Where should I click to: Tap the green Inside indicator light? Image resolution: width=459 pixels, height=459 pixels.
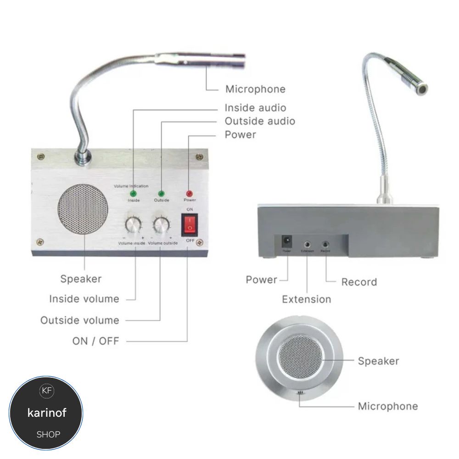(134, 193)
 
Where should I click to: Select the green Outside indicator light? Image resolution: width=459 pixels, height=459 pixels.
(162, 193)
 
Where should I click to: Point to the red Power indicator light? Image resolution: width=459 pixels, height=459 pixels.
(189, 194)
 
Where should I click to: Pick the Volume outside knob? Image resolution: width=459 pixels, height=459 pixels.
(161, 224)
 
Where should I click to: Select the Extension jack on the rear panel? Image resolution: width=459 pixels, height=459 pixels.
(307, 244)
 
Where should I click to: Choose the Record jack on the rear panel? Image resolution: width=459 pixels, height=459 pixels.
(326, 244)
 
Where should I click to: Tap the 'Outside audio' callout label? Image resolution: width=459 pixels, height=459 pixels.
(260, 121)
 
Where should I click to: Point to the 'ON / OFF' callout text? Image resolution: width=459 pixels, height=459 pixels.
(95, 341)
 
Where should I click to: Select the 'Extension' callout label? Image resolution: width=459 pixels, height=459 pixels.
(306, 299)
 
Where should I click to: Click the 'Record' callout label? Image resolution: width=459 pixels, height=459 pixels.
(359, 282)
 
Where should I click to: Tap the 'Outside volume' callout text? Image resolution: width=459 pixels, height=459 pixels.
(79, 320)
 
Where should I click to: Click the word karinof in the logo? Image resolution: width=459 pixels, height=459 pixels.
(47, 413)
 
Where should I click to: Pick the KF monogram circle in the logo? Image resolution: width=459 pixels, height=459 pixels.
(47, 391)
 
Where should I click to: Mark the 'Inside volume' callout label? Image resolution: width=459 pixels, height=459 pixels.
(84, 299)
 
